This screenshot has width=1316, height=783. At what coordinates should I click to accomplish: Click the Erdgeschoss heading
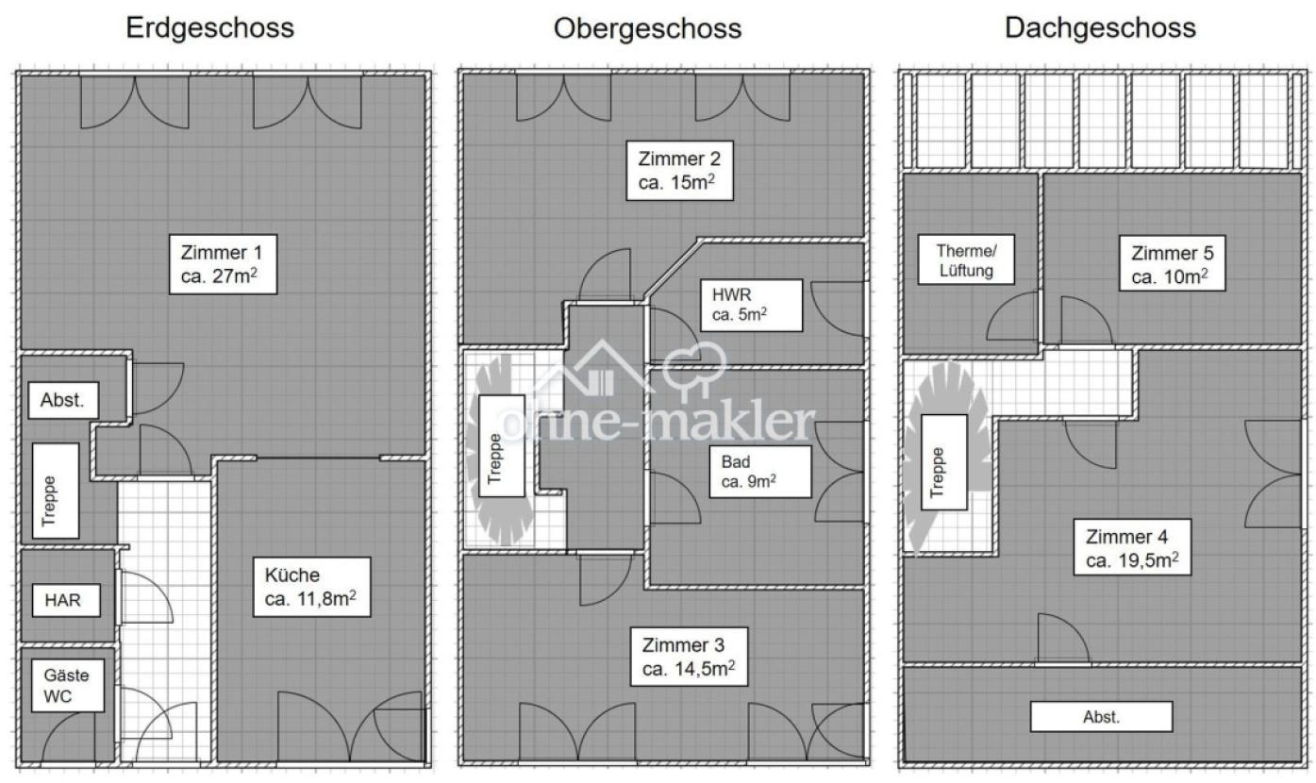pos(210,28)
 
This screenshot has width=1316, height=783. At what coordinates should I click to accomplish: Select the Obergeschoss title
pos(647,28)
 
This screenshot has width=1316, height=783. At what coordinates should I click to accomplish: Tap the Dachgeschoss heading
pos(1100,28)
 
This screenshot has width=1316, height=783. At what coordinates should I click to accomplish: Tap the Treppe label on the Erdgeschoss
pos(50,499)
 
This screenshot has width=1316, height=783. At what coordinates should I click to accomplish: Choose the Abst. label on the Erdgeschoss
pos(63,400)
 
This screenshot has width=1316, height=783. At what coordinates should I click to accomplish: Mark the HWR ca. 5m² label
pos(751,305)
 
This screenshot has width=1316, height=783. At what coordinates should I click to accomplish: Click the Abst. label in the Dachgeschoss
pos(1101,717)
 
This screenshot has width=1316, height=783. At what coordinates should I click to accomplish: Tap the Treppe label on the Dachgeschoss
pos(938,472)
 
